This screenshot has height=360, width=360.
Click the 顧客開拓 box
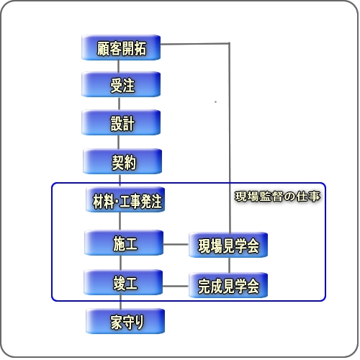pyautogui.click(x=121, y=48)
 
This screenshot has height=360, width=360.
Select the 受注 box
pyautogui.click(x=121, y=84)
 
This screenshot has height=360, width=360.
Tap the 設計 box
pyautogui.click(x=121, y=122)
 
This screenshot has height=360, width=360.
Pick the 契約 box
pyautogui.click(x=122, y=161)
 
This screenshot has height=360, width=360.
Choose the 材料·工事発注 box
pyautogui.click(x=125, y=199)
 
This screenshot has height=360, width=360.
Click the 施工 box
pyautogui.click(x=124, y=243)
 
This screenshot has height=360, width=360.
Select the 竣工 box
pyautogui.click(x=123, y=282)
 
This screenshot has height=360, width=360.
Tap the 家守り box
pyautogui.click(x=125, y=321)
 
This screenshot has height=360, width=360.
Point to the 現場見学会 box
pyautogui.click(x=228, y=245)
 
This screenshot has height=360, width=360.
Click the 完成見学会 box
pyautogui.click(x=228, y=285)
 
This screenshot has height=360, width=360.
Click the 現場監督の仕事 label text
pyautogui.click(x=277, y=197)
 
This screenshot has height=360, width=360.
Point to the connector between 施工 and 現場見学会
pyautogui.click(x=176, y=245)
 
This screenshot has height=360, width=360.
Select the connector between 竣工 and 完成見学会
pyautogui.click(x=176, y=286)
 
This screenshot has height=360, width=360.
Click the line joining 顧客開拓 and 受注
pyautogui.click(x=119, y=66)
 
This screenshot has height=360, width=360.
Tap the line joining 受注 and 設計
pyautogui.click(x=119, y=104)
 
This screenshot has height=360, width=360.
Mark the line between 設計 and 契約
pyautogui.click(x=119, y=142)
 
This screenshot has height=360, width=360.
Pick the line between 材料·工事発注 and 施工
pyautogui.click(x=120, y=221)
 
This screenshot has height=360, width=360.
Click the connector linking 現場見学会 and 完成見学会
pyautogui.click(x=229, y=265)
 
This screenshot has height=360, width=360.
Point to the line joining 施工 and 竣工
pyautogui.click(x=120, y=263)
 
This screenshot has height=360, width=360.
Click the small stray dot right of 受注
pyautogui.click(x=215, y=102)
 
